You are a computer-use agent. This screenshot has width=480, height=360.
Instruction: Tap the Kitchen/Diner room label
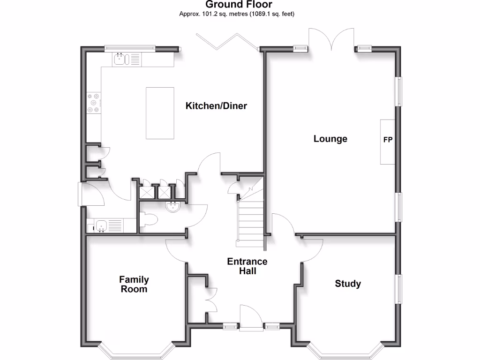tap(216, 106)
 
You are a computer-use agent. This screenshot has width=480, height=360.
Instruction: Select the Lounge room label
tap(330, 139)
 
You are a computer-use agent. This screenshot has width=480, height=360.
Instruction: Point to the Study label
tap(347, 284)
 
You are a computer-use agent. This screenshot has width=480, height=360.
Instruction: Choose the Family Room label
tap(134, 284)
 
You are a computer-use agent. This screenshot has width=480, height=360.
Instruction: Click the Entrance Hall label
tap(247, 266)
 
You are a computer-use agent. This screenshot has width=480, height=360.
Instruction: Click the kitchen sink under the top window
tap(120, 59)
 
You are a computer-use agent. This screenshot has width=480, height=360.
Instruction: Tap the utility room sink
tap(101, 226)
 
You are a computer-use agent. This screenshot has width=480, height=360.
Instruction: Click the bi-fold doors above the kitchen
tap(227, 41)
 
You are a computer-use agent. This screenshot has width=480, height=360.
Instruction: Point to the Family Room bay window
tap(135, 352)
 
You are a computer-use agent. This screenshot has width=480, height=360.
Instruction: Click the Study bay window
tap(345, 352)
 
